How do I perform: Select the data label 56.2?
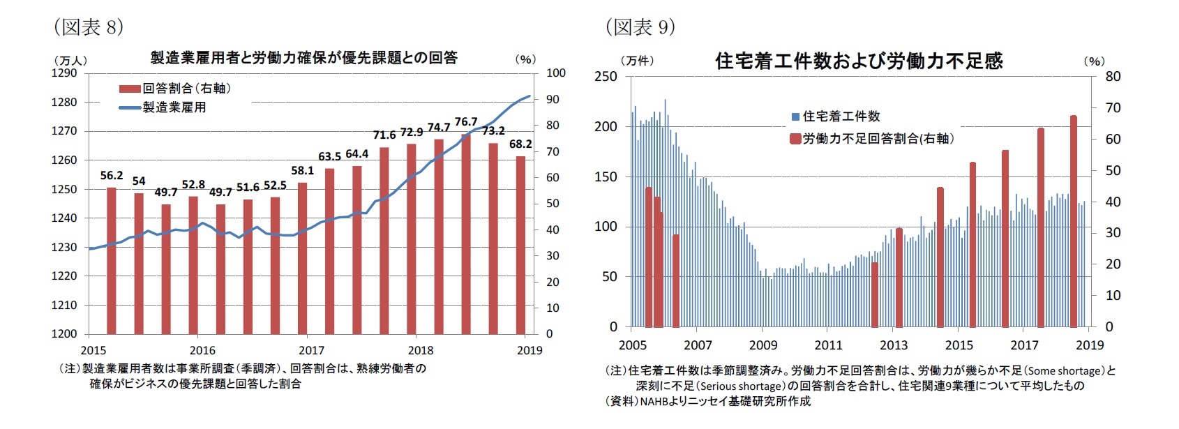click(112, 176)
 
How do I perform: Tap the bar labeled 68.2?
click(520, 244)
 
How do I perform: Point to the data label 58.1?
click(302, 171)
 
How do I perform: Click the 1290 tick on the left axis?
click(64, 73)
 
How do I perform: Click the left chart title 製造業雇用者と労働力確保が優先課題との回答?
click(303, 58)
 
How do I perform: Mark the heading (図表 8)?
click(89, 27)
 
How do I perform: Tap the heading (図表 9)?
click(640, 27)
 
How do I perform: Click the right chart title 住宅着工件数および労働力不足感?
click(859, 61)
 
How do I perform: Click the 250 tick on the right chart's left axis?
click(606, 77)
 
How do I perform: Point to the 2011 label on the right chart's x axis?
click(828, 345)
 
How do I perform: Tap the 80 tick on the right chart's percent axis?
click(1113, 77)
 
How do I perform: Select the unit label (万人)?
click(70, 61)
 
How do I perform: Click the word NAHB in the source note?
click(655, 402)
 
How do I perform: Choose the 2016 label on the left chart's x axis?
click(202, 351)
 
